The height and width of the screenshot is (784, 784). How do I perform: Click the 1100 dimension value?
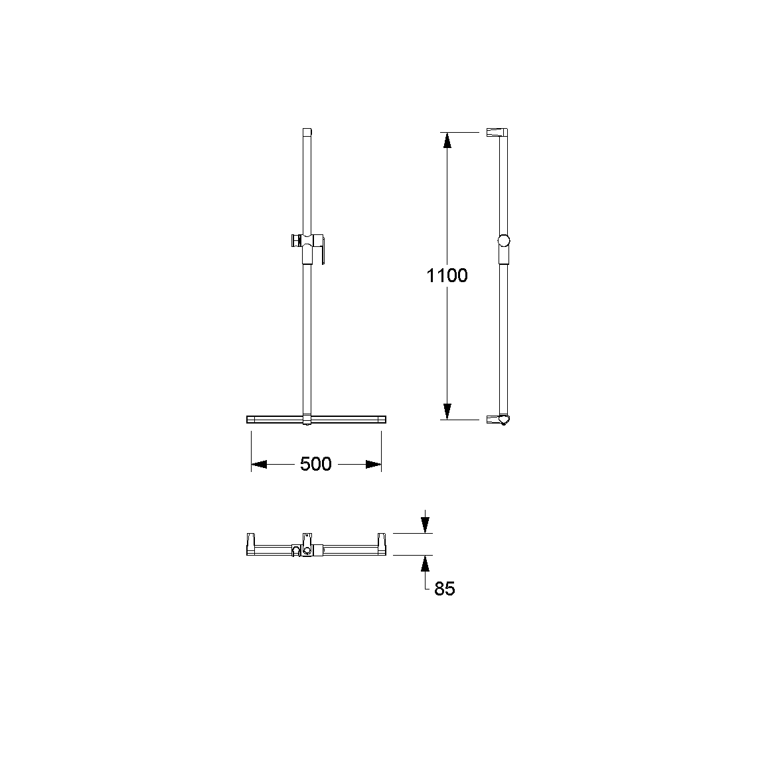[447, 275]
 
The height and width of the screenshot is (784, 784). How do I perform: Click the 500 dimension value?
[315, 464]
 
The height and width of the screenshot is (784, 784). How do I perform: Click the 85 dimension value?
[445, 589]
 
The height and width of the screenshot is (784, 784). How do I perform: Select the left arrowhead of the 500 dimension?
[259, 465]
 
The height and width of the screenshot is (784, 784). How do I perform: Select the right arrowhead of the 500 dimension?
[374, 465]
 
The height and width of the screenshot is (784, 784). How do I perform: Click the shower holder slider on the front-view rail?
[308, 247]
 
